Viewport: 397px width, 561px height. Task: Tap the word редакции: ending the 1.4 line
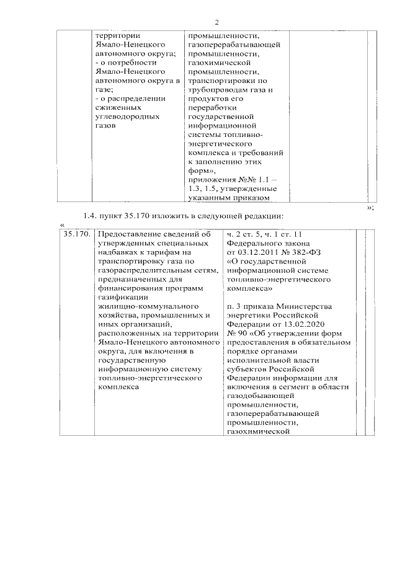click(x=263, y=216)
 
